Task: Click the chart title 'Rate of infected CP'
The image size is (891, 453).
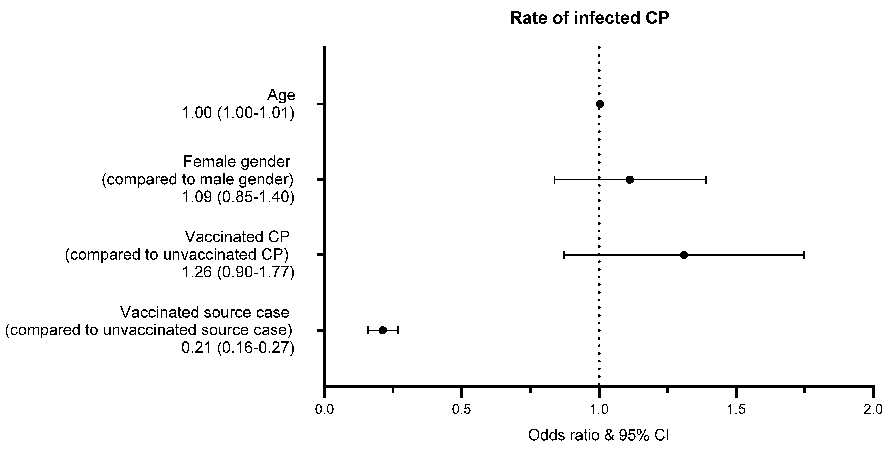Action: click(x=589, y=18)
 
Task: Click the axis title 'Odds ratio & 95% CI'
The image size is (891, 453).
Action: click(x=599, y=435)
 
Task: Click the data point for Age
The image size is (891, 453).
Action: click(x=600, y=104)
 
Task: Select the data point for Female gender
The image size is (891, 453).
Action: click(x=630, y=180)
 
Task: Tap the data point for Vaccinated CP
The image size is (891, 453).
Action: click(x=684, y=255)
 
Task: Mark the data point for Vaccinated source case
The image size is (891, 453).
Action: click(x=383, y=330)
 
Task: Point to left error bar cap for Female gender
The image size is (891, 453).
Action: click(x=554, y=180)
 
